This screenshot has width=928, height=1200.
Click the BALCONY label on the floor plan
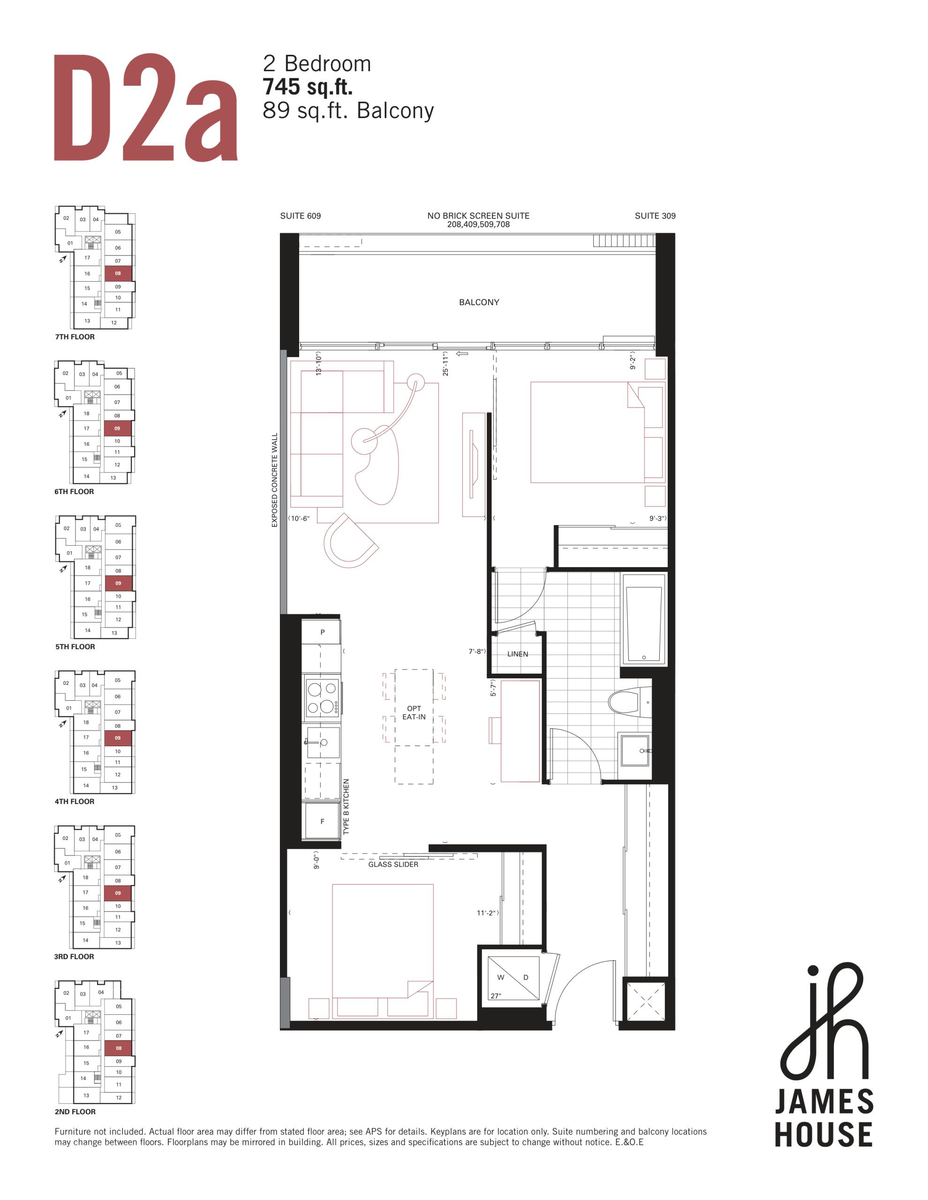click(x=479, y=302)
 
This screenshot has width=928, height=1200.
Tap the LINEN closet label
click(x=517, y=654)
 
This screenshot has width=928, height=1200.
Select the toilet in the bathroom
click(x=629, y=702)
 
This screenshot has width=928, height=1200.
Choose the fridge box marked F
click(x=322, y=821)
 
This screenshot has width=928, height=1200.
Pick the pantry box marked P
click(x=322, y=632)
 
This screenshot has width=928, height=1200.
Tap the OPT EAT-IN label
click(x=414, y=712)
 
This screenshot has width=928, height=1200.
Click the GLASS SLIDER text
click(x=393, y=864)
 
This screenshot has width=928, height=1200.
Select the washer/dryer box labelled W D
click(x=513, y=980)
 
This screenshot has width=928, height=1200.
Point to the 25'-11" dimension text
click(x=445, y=364)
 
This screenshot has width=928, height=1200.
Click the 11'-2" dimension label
click(x=487, y=913)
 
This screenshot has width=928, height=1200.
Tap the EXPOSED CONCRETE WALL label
click(x=275, y=480)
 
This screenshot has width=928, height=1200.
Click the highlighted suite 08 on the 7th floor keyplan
click(x=118, y=273)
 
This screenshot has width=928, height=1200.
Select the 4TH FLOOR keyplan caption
click(x=74, y=801)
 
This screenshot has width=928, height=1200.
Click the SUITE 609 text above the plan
click(x=300, y=216)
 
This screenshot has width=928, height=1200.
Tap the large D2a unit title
click(x=146, y=107)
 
